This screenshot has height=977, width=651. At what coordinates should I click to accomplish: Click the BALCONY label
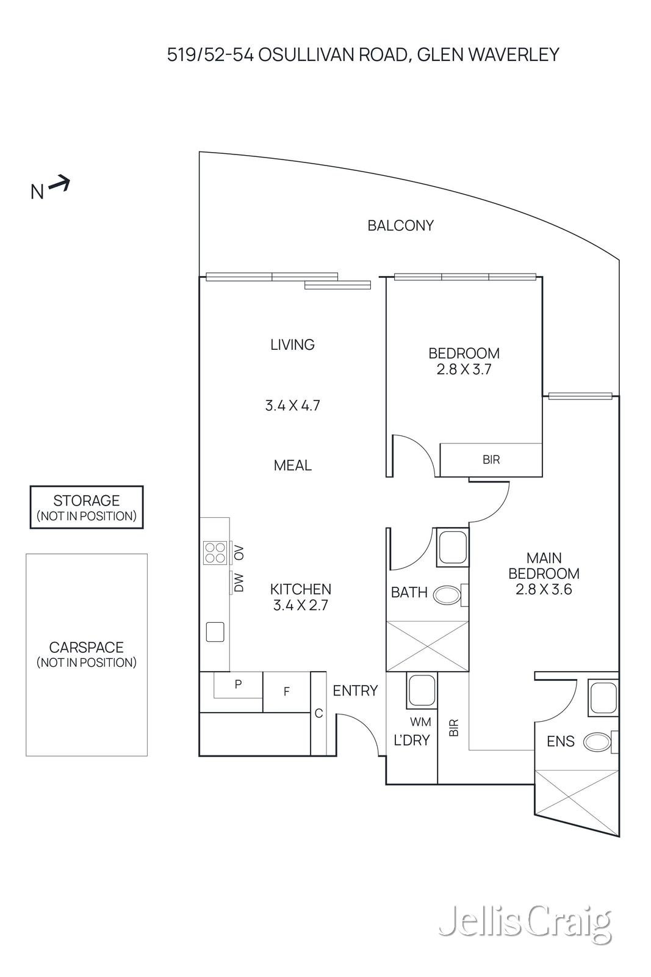(x=400, y=225)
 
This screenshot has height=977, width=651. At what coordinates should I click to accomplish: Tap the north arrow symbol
(x=59, y=183)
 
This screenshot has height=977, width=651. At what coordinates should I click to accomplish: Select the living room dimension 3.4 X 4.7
(x=292, y=405)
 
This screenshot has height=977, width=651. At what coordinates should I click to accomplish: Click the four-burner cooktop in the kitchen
(x=215, y=553)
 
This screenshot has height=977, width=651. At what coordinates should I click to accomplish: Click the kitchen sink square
(x=215, y=631)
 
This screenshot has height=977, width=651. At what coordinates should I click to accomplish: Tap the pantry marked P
(x=238, y=685)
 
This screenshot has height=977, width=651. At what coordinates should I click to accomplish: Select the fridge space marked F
(x=286, y=692)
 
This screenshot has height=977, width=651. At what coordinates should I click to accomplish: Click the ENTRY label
(x=355, y=691)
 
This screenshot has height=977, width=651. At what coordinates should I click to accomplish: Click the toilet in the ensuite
(x=597, y=742)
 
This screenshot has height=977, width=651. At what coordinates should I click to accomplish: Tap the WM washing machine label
(x=420, y=722)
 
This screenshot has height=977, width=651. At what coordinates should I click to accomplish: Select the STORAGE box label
(x=86, y=501)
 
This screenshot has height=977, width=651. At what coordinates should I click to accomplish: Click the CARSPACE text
(x=86, y=647)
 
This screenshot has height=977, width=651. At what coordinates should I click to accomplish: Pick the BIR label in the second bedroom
(x=491, y=460)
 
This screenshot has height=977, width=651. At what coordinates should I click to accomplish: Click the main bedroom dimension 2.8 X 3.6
(x=544, y=590)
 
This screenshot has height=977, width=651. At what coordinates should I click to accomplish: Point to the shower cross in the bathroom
(x=428, y=645)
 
